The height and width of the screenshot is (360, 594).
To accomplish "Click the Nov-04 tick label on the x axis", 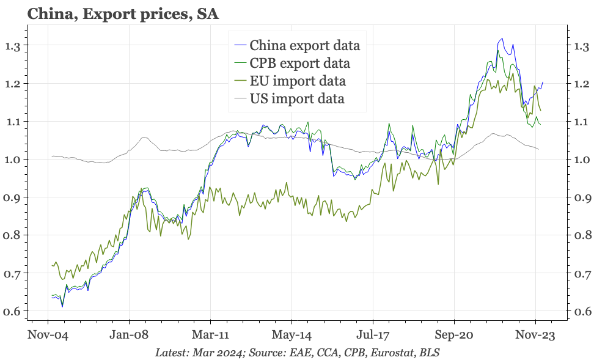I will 48,334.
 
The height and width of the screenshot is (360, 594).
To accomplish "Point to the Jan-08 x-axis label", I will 129,334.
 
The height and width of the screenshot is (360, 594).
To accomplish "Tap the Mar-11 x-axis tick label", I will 210,334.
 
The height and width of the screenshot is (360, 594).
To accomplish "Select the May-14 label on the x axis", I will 291,334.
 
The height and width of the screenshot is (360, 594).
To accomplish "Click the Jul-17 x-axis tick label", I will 373,334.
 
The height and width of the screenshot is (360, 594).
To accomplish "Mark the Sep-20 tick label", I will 454,334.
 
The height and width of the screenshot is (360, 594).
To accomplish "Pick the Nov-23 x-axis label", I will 535,334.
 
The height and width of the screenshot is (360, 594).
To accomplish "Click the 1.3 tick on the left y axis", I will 13,46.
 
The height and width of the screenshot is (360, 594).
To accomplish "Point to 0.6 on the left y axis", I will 13,312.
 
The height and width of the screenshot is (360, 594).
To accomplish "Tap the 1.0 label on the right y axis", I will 581,160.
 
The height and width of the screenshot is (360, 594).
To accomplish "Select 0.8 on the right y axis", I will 581,235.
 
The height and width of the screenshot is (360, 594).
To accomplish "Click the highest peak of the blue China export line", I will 501,39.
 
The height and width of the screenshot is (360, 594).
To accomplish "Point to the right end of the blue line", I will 543,82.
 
